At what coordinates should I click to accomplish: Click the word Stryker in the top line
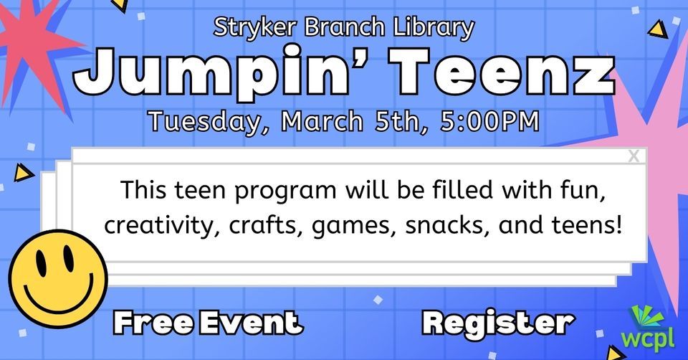248,28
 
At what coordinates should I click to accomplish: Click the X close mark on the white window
634,156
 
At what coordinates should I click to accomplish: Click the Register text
498,322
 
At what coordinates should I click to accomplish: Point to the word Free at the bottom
153,322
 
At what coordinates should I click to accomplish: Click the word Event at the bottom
251,322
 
